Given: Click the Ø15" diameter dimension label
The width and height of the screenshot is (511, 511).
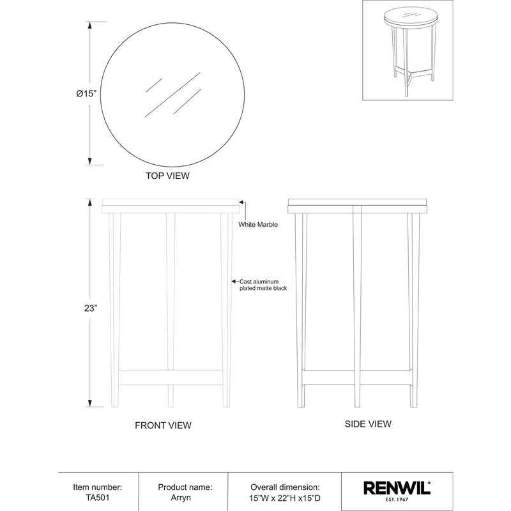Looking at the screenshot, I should click(86, 93).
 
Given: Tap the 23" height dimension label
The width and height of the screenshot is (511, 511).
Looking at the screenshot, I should click(91, 307).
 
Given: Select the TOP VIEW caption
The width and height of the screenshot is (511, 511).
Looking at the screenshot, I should click(168, 175).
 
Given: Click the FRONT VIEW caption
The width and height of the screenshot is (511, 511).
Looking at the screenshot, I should click(163, 425).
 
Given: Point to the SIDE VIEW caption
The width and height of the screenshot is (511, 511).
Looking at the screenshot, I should click(368, 423).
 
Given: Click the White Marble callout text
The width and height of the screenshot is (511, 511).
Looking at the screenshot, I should click(258, 224).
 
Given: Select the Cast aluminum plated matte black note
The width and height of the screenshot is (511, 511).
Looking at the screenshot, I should click(263, 285).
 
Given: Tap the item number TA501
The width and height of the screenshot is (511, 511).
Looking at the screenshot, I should click(98, 498).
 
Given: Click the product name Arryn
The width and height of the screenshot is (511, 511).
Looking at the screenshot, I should click(185, 498).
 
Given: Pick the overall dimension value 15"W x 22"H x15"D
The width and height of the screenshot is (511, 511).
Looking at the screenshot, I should click(285, 498).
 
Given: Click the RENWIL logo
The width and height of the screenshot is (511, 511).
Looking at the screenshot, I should click(397, 489).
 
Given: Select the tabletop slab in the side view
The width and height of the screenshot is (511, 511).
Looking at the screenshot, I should click(356, 206).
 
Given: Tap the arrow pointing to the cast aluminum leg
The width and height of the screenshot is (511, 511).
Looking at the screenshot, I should click(234, 281).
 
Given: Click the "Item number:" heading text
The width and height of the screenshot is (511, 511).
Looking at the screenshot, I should click(98, 487).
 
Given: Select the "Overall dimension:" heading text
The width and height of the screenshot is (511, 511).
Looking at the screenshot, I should click(285, 487).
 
